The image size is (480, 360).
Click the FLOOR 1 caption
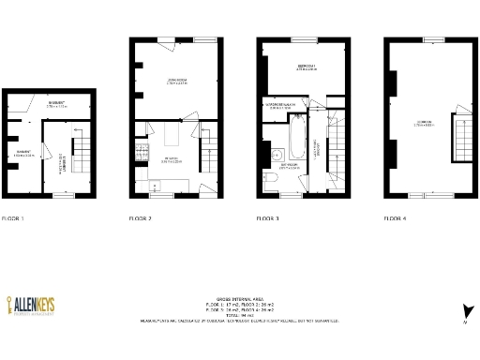pos(13,217)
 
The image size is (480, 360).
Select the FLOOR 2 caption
pos(141,217)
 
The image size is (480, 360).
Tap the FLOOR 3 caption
pos(268,217)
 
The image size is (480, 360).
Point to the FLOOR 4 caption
pos(396,217)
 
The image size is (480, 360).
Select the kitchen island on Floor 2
pos(172,138)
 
